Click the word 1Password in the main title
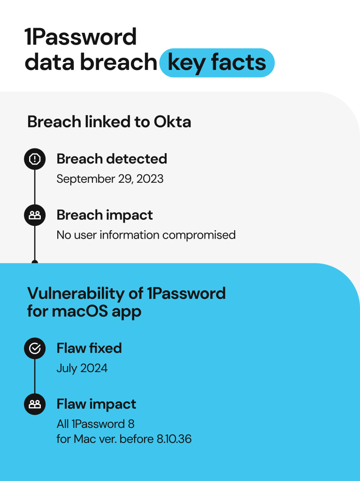(80, 37)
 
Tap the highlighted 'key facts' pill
(216, 62)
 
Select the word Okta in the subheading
(172, 122)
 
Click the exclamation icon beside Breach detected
(35, 159)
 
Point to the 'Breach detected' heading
(112, 159)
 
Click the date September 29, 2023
(110, 179)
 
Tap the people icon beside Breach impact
(35, 215)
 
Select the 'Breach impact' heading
(105, 215)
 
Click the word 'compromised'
(205, 234)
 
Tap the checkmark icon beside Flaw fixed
(35, 348)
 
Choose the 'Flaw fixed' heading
(89, 348)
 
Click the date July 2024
(82, 368)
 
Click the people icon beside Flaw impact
(35, 404)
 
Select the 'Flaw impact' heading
(96, 404)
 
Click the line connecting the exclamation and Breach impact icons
(35, 187)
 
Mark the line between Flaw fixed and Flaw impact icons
(35, 376)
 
